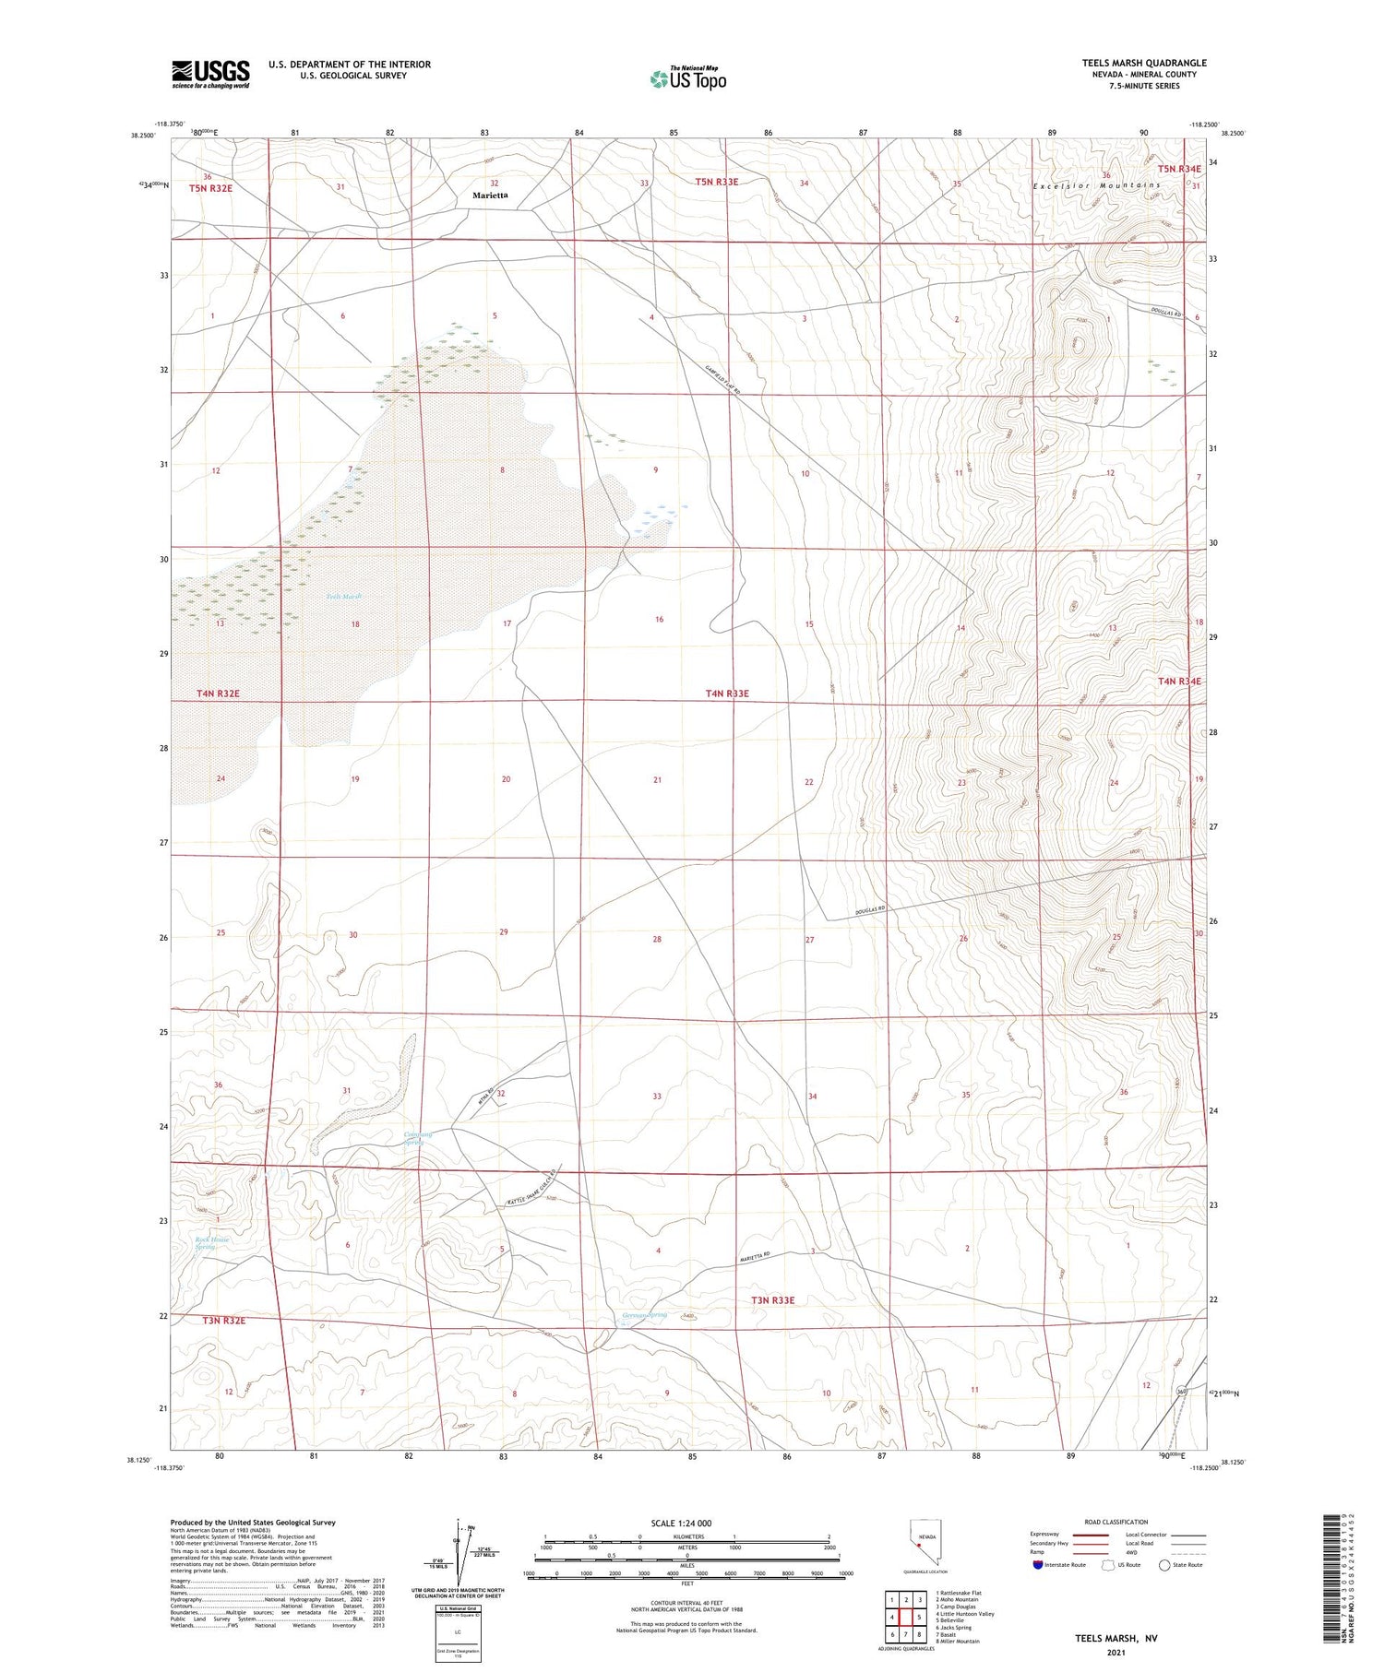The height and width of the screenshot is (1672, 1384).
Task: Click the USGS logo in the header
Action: point(210,74)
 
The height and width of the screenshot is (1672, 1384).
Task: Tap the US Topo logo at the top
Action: point(688,78)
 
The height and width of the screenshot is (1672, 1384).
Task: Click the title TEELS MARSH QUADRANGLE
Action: point(1144,63)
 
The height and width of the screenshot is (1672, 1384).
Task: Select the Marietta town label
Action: point(490,196)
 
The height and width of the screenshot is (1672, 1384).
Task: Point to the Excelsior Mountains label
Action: point(1096,185)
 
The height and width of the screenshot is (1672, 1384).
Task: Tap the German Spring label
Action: point(644,1315)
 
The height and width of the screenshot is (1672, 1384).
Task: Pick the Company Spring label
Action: point(417,1138)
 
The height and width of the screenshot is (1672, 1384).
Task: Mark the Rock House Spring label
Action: point(212,1243)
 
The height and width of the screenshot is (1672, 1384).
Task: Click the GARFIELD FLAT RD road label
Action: point(724,380)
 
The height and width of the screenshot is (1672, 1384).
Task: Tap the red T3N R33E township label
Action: point(772,1300)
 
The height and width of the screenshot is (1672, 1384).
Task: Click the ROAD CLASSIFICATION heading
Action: point(1116,1522)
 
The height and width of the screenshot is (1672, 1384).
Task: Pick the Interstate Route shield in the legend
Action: point(1038,1564)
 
